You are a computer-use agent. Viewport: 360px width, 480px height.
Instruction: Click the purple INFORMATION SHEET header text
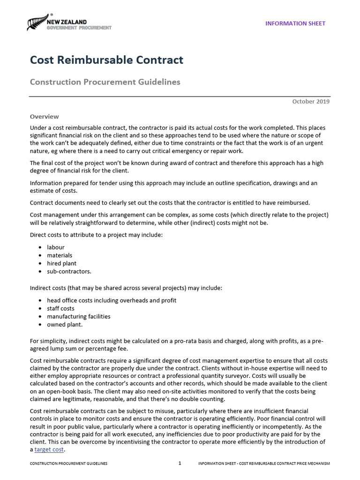coord(295,23)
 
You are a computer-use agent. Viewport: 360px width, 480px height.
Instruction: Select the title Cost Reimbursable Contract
coord(106,60)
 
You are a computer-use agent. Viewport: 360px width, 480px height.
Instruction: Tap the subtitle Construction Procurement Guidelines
coord(105,82)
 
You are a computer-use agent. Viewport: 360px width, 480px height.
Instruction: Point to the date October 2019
coord(311,101)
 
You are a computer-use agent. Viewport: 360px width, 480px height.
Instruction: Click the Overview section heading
coord(45,117)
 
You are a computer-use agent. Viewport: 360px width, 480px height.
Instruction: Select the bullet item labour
coord(55,247)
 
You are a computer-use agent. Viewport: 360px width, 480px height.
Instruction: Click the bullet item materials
coord(60,255)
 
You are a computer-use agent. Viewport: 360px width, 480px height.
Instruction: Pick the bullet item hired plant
coord(61,263)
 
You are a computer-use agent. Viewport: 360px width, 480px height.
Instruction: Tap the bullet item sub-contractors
coord(69,271)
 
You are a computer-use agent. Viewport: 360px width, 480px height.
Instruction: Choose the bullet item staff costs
coord(60,308)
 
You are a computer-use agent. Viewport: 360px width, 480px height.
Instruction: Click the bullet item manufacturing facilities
coord(78,316)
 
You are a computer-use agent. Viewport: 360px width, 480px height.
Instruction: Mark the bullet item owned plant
coord(65,324)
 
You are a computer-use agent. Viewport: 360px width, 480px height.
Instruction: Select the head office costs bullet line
coord(112,300)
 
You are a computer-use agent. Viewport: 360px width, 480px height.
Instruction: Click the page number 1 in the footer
coord(180,464)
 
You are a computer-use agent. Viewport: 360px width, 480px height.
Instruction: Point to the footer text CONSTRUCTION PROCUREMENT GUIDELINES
coord(68,464)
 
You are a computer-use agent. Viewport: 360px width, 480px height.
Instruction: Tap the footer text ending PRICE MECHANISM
coord(264,464)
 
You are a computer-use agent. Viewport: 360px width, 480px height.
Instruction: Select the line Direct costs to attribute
coord(96,234)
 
